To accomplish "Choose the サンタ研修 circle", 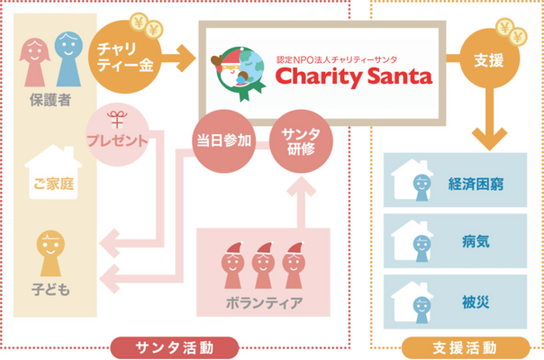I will point(301,139).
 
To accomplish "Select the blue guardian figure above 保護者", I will point(68,54).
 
